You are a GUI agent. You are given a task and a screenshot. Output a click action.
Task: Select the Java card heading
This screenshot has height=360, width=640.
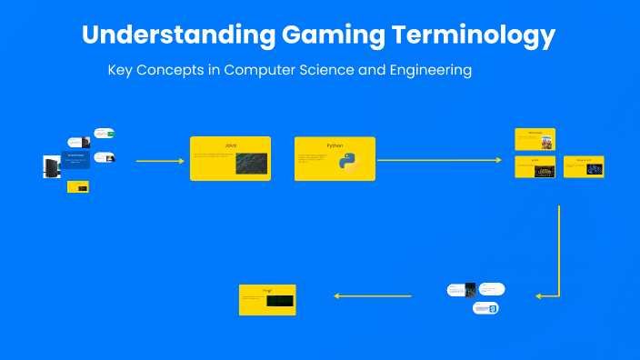pos(230,145)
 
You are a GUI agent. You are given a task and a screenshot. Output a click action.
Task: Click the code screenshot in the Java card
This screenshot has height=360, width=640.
pos(251,164)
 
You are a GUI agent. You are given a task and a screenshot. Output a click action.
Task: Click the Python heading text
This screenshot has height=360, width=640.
pos(335,145)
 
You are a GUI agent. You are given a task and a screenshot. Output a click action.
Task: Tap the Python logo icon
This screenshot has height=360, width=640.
pos(348,164)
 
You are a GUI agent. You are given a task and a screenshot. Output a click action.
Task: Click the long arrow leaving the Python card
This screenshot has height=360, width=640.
pos(439,160)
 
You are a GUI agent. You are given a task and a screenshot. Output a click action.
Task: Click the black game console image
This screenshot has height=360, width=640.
pos(51,166)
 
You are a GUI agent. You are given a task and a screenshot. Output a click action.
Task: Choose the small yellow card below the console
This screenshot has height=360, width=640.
pos(77,187)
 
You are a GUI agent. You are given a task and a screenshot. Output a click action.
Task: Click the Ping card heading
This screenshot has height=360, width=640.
pos(267,290)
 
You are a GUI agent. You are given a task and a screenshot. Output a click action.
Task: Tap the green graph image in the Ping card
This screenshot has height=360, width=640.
pos(280,301)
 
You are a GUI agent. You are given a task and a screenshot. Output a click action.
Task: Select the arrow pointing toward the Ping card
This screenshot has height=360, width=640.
pos(374,295)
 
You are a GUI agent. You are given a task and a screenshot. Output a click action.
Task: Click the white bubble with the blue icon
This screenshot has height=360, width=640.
pos(485,309)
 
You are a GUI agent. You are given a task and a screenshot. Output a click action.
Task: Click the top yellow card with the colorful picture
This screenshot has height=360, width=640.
pos(535,139)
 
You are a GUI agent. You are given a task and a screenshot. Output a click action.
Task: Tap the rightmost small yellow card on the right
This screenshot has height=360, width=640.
pos(584,166)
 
